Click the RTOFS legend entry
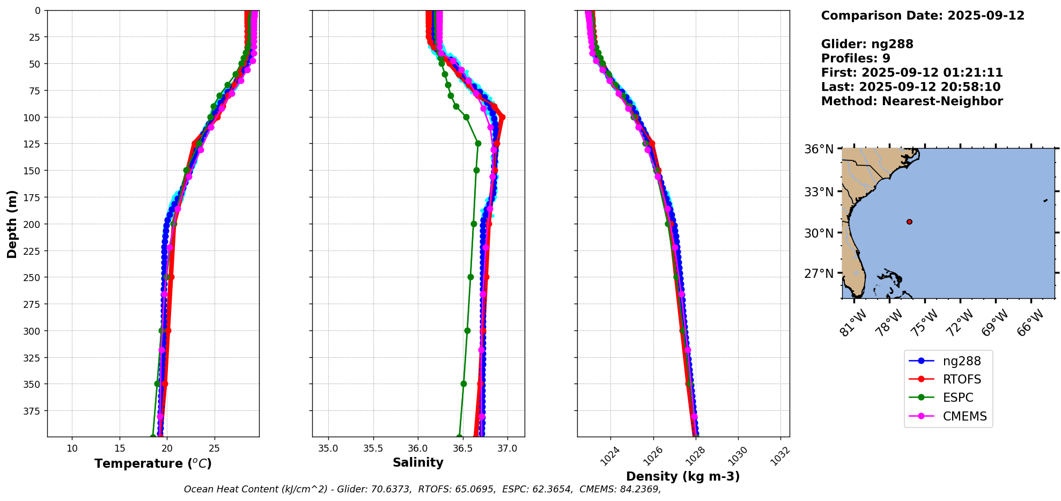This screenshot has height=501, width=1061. (961, 379)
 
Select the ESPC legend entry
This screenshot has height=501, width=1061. (957, 397)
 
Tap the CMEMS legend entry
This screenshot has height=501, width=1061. (964, 416)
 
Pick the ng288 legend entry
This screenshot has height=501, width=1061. (961, 361)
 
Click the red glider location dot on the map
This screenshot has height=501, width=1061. (909, 222)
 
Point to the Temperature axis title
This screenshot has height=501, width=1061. (153, 463)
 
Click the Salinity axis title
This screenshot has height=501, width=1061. (418, 462)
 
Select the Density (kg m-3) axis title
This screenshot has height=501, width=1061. (683, 476)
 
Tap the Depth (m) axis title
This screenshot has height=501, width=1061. (12, 224)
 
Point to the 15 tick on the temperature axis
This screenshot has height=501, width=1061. (120, 448)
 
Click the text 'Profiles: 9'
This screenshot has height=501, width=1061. (856, 58)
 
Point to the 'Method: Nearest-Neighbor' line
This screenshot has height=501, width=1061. (912, 101)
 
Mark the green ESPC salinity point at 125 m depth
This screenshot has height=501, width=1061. (478, 143)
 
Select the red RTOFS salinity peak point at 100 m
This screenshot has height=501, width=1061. (502, 117)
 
